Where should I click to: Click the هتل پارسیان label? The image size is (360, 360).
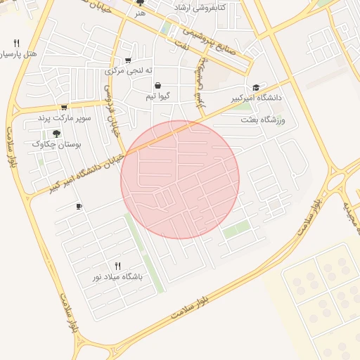[x=17, y=53]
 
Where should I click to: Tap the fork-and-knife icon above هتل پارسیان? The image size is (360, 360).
[x=16, y=42]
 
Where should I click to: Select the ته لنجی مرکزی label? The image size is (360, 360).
[x=124, y=71]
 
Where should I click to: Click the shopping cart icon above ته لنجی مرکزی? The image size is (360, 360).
[x=127, y=60]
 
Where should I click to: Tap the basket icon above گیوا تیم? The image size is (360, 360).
[x=157, y=85]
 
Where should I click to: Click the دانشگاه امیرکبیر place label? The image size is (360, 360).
[x=257, y=98]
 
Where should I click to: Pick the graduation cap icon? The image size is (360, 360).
[x=256, y=88]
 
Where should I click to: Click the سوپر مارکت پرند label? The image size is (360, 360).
[x=65, y=117]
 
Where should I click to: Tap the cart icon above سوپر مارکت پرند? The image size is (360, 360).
[x=64, y=108]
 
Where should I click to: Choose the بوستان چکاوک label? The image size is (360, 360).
[x=57, y=143]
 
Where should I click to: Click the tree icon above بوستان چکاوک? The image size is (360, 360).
[x=56, y=133]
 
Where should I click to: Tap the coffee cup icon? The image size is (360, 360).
[x=79, y=207]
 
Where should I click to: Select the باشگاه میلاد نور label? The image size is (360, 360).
[x=117, y=277]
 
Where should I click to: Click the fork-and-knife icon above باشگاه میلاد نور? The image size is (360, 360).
[x=117, y=266]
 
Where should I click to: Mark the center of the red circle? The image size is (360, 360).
[x=180, y=179]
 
